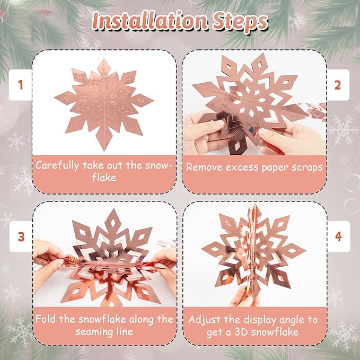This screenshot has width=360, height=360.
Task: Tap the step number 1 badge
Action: (x=21, y=85)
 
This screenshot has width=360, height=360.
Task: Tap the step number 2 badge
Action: (x=338, y=85)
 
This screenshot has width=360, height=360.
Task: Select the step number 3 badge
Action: (x=21, y=236)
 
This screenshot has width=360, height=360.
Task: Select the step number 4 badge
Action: (x=338, y=236)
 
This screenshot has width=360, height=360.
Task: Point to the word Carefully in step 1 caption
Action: (x=58, y=165)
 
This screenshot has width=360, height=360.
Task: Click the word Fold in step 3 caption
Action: (x=46, y=319)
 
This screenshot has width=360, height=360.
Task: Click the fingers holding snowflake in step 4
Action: (x=241, y=297)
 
